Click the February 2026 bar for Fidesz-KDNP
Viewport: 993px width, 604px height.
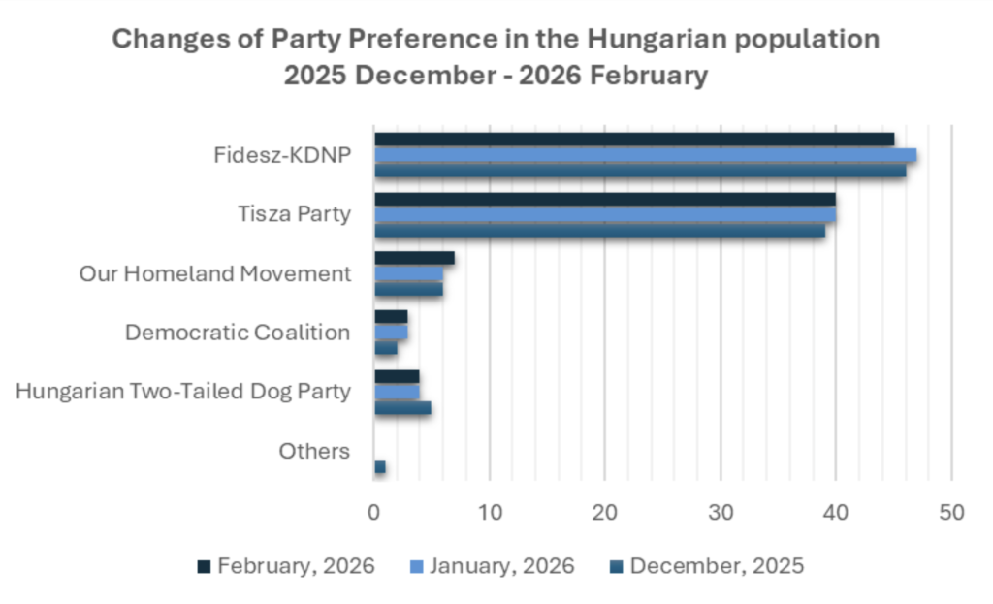tap(634, 140)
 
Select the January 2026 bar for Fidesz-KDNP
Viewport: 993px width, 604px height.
tap(645, 155)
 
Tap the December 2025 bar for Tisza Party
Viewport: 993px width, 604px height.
tap(599, 231)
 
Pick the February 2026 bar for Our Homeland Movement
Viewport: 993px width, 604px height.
tap(414, 258)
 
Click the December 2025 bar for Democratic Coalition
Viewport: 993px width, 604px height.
tap(386, 348)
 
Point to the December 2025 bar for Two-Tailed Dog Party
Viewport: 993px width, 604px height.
tap(402, 408)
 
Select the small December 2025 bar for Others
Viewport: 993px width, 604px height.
tap(380, 467)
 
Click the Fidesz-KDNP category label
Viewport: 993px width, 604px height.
tap(282, 155)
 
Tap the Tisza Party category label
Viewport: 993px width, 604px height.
tap(295, 214)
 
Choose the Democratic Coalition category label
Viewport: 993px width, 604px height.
tap(238, 333)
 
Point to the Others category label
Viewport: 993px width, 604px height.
tap(314, 451)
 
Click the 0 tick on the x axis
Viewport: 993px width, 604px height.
tap(374, 512)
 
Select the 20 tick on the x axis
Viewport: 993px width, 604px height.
tap(605, 512)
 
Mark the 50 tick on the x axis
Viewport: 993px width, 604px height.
tap(951, 512)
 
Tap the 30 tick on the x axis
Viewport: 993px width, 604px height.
tap(721, 512)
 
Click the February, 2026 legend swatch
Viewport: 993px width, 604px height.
tap(203, 565)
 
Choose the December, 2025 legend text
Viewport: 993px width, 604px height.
tap(717, 565)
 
